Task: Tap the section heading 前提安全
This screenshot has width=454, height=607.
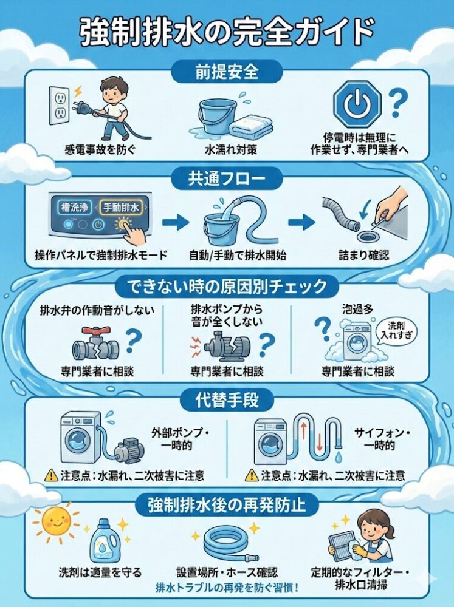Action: coord(227,72)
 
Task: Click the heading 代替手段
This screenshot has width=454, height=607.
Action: coord(227,401)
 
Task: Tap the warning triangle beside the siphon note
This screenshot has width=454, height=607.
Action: coord(251,475)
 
